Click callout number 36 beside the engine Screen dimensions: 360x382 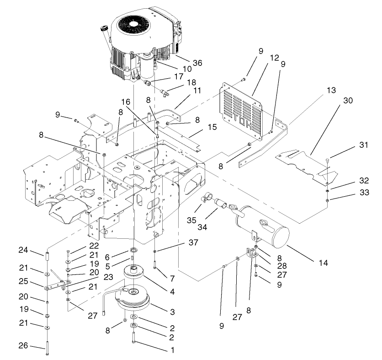pyautogui.click(x=185, y=62)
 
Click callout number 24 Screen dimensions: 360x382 pyautogui.click(x=23, y=250)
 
